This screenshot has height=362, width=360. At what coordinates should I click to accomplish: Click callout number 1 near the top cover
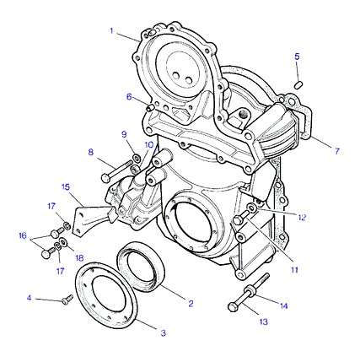tap(111, 30)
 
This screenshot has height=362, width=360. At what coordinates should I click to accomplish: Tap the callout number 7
tap(337, 151)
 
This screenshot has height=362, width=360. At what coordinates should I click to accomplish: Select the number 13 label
tap(264, 321)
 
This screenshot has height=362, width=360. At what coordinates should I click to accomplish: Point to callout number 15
tap(66, 187)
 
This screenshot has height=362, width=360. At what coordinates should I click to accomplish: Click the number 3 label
tap(164, 333)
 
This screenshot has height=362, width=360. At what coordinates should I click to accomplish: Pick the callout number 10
tap(149, 145)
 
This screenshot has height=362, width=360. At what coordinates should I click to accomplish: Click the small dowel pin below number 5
tap(298, 84)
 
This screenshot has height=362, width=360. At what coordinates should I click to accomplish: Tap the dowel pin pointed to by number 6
tap(151, 107)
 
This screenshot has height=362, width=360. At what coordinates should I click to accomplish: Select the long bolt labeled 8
tap(116, 170)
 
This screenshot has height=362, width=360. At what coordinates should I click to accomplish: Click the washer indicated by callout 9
tap(137, 159)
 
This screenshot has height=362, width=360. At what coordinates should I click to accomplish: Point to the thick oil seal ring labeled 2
tap(141, 267)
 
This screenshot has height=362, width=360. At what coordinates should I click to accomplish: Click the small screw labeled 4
tap(67, 300)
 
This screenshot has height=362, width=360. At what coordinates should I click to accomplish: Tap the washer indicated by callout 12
tap(251, 208)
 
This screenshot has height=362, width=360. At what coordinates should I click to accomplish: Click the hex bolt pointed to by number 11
tap(241, 218)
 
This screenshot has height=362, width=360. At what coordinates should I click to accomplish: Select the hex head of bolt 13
tap(233, 306)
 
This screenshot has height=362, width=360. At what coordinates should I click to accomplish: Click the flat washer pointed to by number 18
tap(63, 241)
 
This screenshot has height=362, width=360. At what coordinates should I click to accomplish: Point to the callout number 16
tap(23, 235)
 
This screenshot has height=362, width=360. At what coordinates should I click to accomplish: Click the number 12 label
tap(302, 218)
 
